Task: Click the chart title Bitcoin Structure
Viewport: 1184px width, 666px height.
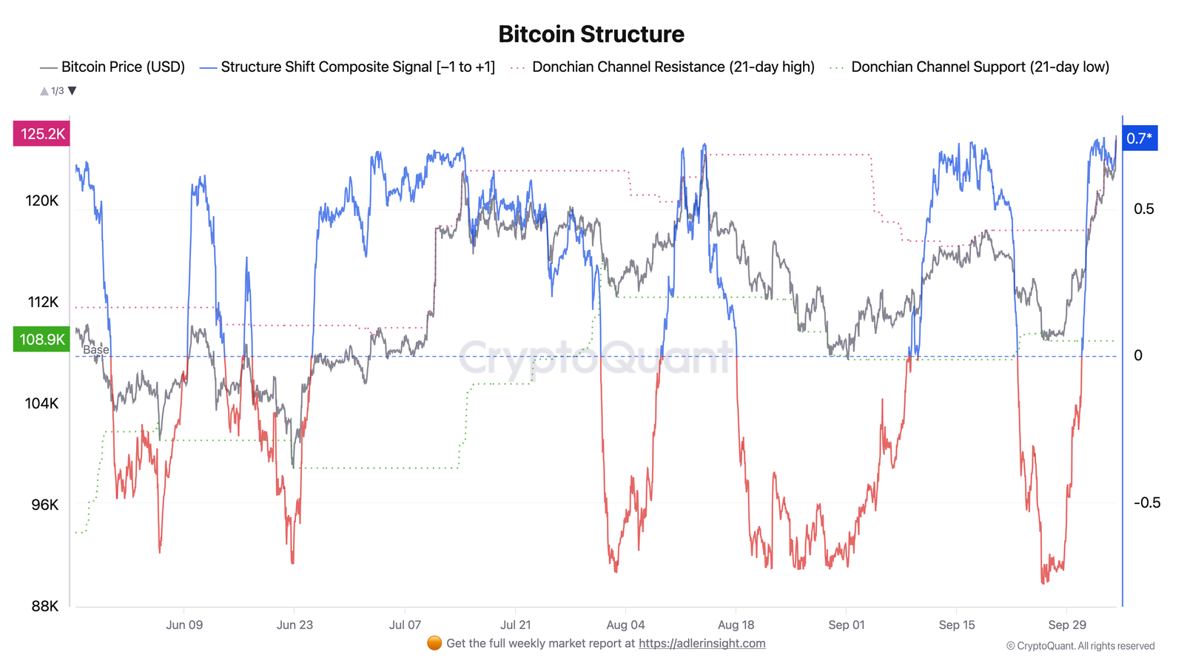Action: tap(591, 34)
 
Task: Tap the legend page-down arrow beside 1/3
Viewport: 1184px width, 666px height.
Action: tap(73, 91)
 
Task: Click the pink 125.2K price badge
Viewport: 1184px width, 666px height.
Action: tap(42, 134)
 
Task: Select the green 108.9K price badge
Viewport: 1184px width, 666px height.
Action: tap(42, 340)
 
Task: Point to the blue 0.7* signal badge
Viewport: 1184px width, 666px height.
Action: tap(1139, 138)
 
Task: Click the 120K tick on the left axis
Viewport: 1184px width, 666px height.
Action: tap(41, 201)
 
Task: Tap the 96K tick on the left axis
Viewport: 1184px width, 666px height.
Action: tap(44, 505)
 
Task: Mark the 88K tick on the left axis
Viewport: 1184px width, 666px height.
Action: tap(44, 606)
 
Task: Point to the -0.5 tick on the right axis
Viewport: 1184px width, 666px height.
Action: tap(1147, 503)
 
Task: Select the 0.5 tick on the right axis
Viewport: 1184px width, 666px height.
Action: tap(1143, 209)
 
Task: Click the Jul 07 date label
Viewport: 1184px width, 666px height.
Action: tap(405, 625)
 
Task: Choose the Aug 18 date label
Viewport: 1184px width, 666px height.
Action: tap(736, 625)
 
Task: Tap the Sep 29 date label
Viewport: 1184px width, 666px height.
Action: tap(1067, 625)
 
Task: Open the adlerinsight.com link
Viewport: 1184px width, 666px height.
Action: tap(702, 644)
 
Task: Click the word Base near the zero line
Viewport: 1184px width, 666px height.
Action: tap(96, 349)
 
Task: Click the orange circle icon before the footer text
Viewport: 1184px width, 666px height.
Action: tap(434, 643)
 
